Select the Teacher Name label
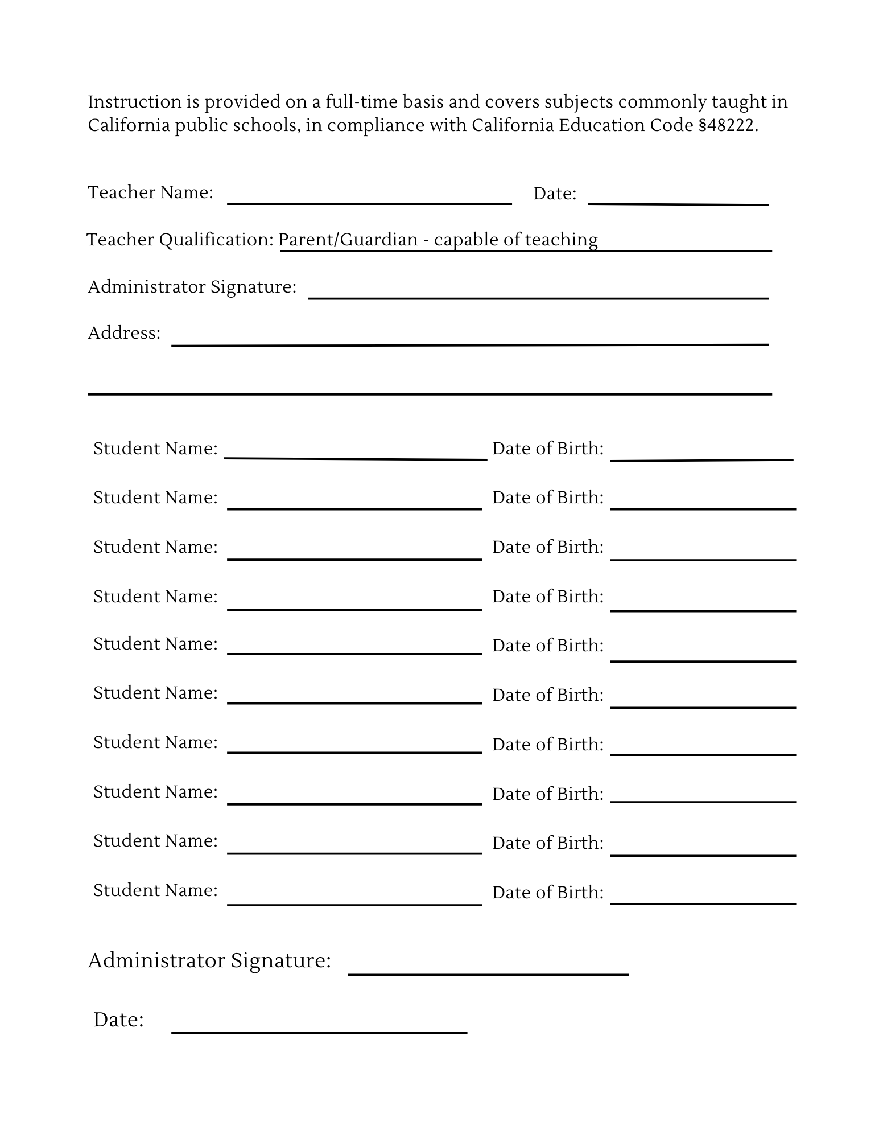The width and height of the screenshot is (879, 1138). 150,192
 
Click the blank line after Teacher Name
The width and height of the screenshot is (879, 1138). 369,199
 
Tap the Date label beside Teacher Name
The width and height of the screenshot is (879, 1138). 555,194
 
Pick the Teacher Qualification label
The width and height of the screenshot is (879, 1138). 180,240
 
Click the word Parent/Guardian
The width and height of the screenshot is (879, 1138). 348,240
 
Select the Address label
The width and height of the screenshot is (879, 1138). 124,333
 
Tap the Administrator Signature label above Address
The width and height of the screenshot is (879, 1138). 192,286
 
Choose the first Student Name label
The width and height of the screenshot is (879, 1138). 155,449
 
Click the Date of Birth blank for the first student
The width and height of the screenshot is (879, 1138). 701,455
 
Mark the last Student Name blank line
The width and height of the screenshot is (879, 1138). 354,899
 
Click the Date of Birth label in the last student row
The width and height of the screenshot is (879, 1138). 547,892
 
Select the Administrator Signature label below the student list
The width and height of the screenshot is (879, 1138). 209,960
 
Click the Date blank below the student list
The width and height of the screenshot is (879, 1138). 319,1028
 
